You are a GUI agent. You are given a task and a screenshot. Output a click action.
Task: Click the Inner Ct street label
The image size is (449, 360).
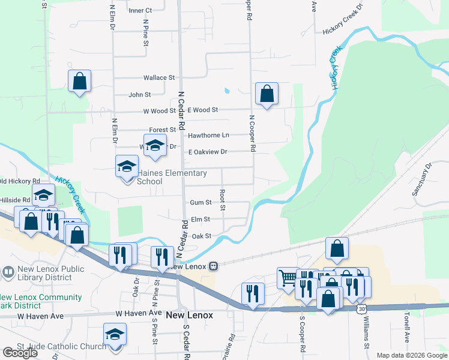click(x=140, y=11)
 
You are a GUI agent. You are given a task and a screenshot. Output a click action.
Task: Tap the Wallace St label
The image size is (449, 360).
click(x=158, y=78)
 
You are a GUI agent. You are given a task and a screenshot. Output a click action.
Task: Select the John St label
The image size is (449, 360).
click(x=140, y=95)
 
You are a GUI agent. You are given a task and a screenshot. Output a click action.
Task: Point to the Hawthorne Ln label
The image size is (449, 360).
click(x=208, y=136)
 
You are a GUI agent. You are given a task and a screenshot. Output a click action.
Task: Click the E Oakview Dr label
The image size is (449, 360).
click(x=207, y=152)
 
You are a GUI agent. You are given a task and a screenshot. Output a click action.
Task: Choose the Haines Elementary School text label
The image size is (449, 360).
click(x=172, y=177)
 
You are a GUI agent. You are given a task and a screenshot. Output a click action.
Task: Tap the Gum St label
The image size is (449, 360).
click(x=200, y=203)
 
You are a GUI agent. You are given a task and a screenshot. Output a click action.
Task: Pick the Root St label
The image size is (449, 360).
click(x=221, y=200)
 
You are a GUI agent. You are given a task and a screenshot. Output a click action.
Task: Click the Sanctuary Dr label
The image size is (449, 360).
click(x=421, y=179)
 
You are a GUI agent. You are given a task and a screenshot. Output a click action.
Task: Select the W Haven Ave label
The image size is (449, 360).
click(x=139, y=313)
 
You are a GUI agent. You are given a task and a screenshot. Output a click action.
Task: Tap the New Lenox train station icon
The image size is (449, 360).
click(x=212, y=266)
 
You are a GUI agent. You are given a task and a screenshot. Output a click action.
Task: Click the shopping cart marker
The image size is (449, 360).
click(x=288, y=277)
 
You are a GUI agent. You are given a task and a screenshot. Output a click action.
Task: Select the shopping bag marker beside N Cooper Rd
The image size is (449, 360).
click(x=267, y=94)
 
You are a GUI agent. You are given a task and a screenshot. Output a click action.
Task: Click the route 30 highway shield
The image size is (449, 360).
click(x=360, y=308)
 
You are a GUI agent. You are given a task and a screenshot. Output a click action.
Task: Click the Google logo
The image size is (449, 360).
click(x=20, y=353)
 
